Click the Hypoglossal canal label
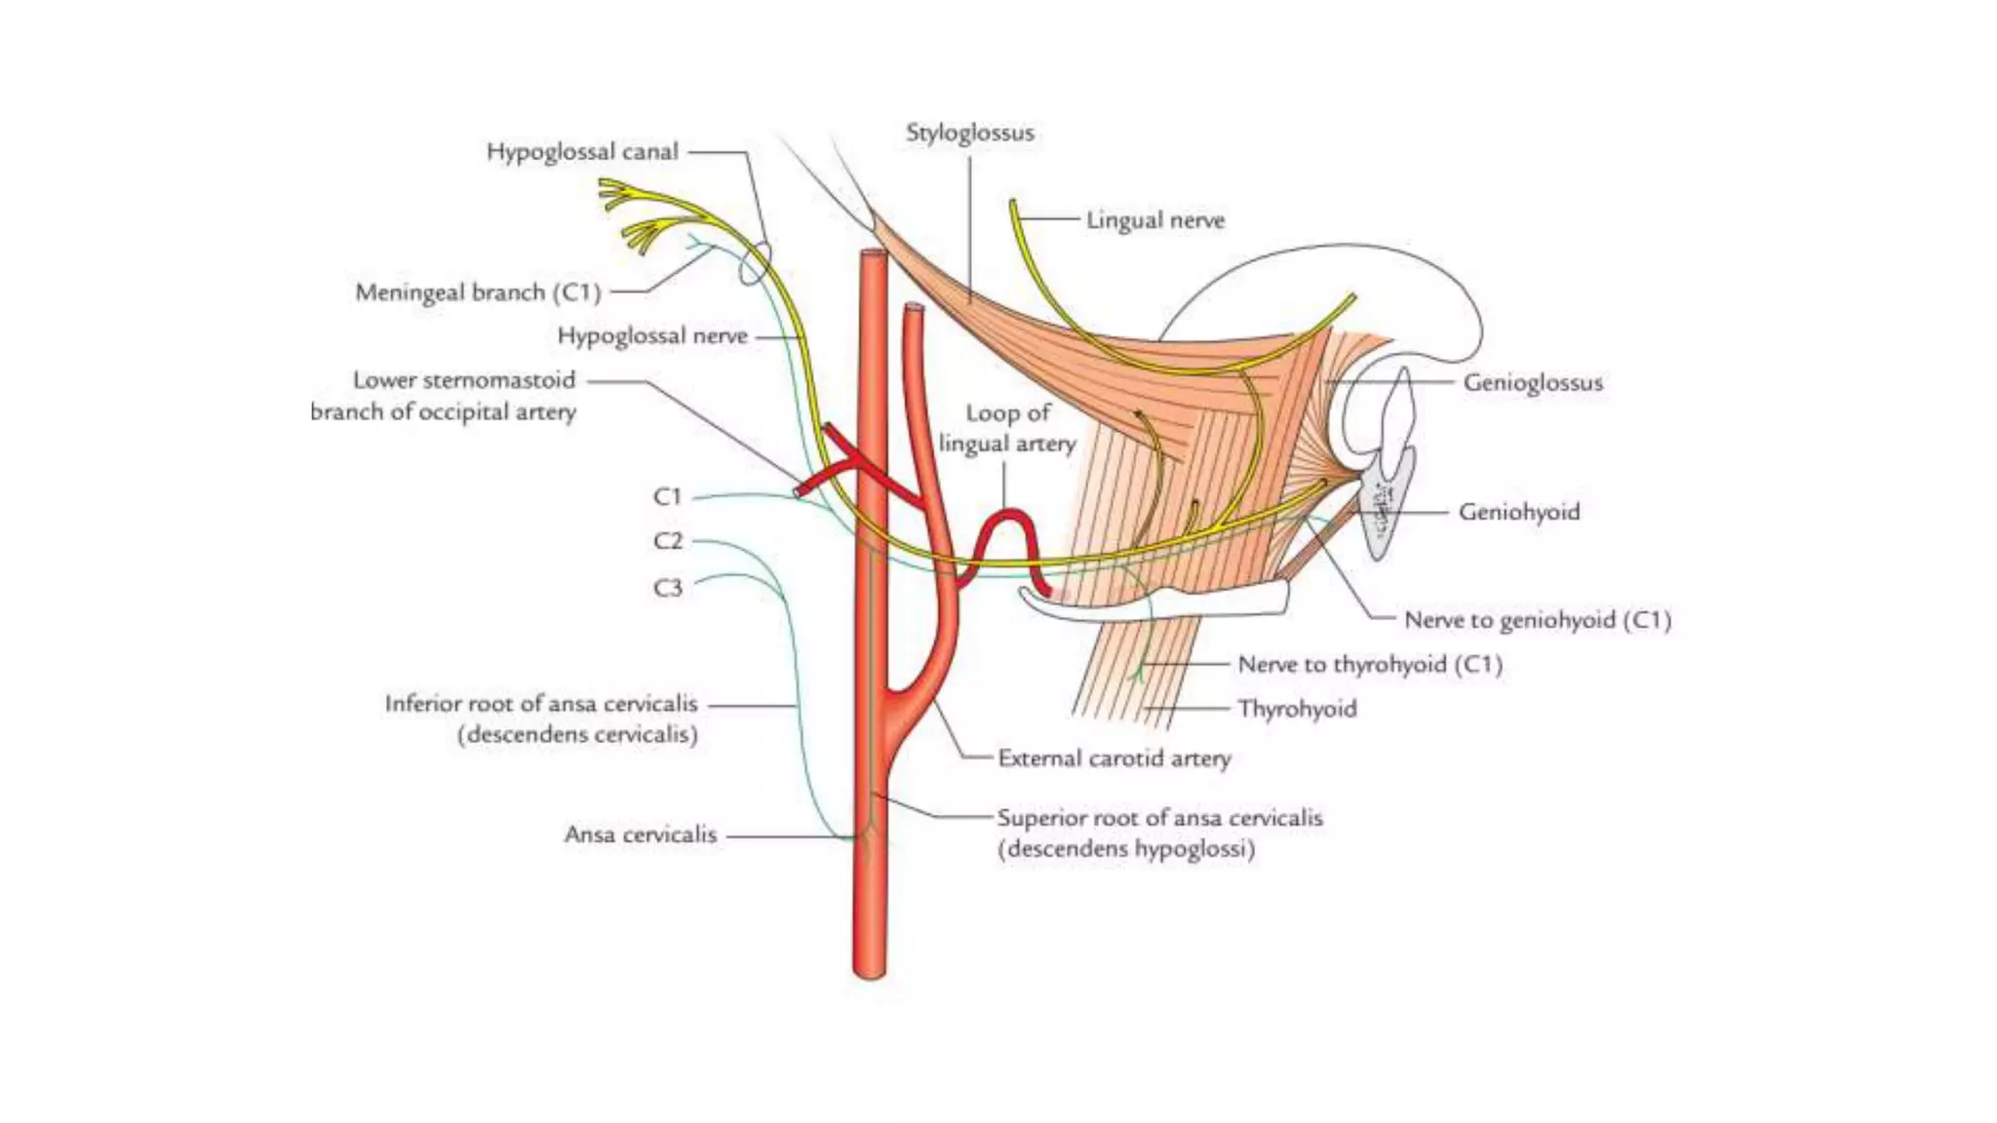point(582,152)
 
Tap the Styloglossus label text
point(969,133)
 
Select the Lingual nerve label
point(1155,220)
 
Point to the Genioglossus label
point(1533,383)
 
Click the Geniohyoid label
point(1519,512)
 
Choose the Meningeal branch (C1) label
point(478,292)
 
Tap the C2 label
point(668,541)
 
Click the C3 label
point(668,588)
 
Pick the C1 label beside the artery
point(667,497)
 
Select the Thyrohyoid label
point(1297,709)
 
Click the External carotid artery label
point(1115,758)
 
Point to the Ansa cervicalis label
point(641,835)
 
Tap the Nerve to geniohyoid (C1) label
point(1538,620)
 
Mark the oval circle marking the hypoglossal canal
point(756,262)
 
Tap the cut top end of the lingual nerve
point(1012,204)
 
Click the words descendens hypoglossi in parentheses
point(1126,849)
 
